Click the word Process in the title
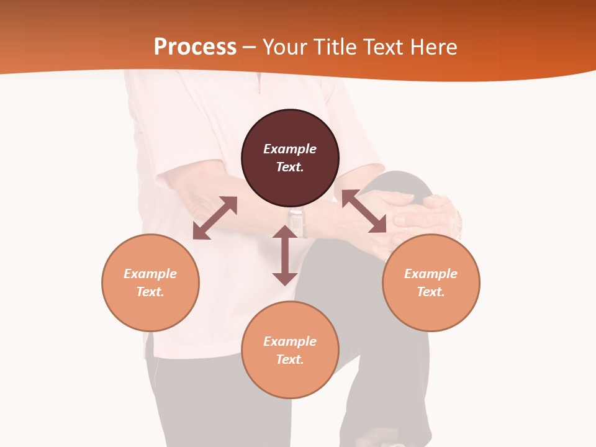(x=195, y=47)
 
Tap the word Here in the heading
(x=433, y=47)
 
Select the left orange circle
(x=150, y=304)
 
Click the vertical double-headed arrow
(x=285, y=255)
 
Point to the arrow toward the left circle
(x=215, y=218)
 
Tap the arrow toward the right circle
(x=364, y=211)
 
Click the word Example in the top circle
(x=290, y=149)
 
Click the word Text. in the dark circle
(x=290, y=167)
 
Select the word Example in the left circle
(x=150, y=274)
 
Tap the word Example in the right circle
(x=431, y=274)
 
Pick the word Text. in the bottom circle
(x=290, y=359)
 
